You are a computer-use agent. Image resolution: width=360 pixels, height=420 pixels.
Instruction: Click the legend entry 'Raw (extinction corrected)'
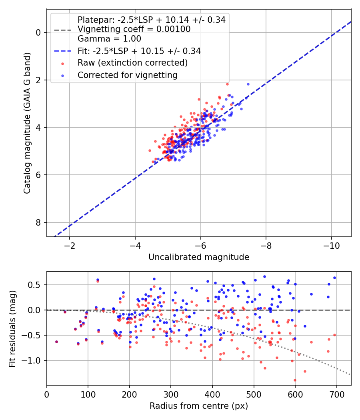(132, 63)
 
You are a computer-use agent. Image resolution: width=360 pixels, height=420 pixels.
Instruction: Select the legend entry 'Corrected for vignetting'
(128, 75)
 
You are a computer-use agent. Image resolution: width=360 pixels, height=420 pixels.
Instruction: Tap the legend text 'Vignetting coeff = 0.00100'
(134, 29)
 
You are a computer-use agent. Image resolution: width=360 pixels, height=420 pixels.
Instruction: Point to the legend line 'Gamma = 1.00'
(109, 39)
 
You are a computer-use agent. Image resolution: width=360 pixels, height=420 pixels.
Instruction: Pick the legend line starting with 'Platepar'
(152, 20)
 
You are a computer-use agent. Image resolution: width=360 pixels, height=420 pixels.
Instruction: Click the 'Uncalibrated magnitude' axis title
(199, 257)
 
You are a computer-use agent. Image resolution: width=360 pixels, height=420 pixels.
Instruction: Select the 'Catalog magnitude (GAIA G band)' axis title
(27, 123)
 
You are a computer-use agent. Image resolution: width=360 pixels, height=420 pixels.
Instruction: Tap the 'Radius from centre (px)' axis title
(199, 406)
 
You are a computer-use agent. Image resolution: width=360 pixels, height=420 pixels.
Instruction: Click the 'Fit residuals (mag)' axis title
(12, 329)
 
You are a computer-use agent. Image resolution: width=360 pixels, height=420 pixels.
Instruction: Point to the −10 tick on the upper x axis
(331, 246)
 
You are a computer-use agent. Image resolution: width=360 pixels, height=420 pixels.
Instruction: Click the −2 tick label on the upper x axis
(69, 246)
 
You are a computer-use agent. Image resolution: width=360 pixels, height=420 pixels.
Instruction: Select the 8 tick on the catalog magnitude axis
(38, 222)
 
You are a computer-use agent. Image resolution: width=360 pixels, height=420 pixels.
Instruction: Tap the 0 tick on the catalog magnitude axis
(38, 32)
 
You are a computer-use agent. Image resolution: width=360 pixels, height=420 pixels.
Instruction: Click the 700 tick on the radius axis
(336, 394)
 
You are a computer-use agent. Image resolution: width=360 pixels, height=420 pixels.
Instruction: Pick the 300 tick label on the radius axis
(171, 394)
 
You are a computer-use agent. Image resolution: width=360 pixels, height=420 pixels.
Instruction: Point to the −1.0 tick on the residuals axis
(31, 360)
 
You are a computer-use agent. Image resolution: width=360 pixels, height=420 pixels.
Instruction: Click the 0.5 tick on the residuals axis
(34, 285)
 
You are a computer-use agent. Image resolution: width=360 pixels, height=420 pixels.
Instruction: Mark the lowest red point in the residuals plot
(295, 380)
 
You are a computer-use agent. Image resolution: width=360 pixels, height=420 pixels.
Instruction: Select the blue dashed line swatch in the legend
(63, 51)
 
